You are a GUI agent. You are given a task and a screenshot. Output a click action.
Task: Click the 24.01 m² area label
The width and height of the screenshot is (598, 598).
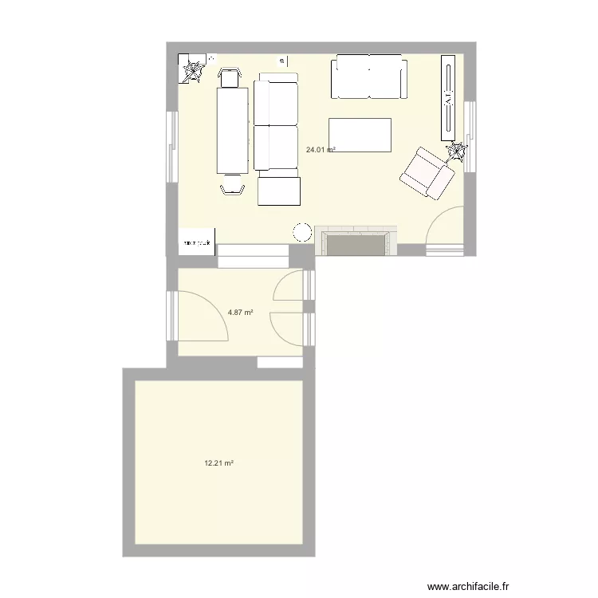click(x=321, y=149)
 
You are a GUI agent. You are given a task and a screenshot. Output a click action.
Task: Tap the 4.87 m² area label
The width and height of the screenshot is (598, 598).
click(x=240, y=313)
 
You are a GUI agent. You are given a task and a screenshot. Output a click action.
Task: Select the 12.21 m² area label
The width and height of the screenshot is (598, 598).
click(x=218, y=462)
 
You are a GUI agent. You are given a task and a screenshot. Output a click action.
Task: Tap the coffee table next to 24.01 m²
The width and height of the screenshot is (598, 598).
click(x=360, y=135)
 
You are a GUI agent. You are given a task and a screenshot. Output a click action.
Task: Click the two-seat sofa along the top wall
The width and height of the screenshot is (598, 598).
click(x=368, y=77)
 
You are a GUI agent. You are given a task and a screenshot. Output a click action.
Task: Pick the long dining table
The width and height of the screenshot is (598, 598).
click(x=233, y=130)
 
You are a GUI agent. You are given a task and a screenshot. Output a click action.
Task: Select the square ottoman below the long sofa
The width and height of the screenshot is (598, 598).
click(x=278, y=191)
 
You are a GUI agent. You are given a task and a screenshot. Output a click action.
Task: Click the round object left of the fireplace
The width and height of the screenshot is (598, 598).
click(x=302, y=232)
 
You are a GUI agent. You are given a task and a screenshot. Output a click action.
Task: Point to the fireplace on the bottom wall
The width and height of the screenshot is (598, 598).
click(x=356, y=242)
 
